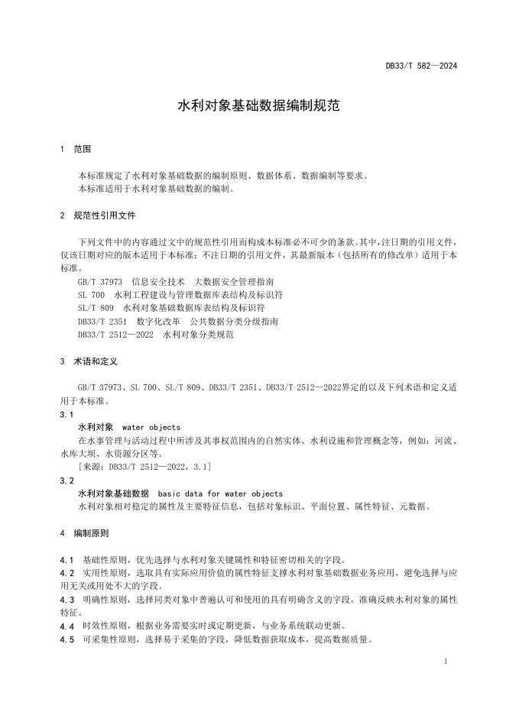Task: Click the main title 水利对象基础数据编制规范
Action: (x=253, y=106)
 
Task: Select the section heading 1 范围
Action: (x=76, y=149)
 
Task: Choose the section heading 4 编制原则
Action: (x=85, y=532)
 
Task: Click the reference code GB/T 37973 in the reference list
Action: (x=99, y=282)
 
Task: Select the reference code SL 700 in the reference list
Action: (x=91, y=295)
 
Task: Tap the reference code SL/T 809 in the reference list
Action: (x=96, y=308)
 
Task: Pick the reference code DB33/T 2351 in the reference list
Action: (x=102, y=321)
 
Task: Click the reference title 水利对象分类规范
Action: (x=198, y=335)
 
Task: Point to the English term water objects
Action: (x=151, y=427)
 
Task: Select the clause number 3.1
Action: (x=66, y=414)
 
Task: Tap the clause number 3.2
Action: (x=66, y=480)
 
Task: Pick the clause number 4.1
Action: (x=66, y=559)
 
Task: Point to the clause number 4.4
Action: (x=66, y=626)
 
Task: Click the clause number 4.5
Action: (x=66, y=639)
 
